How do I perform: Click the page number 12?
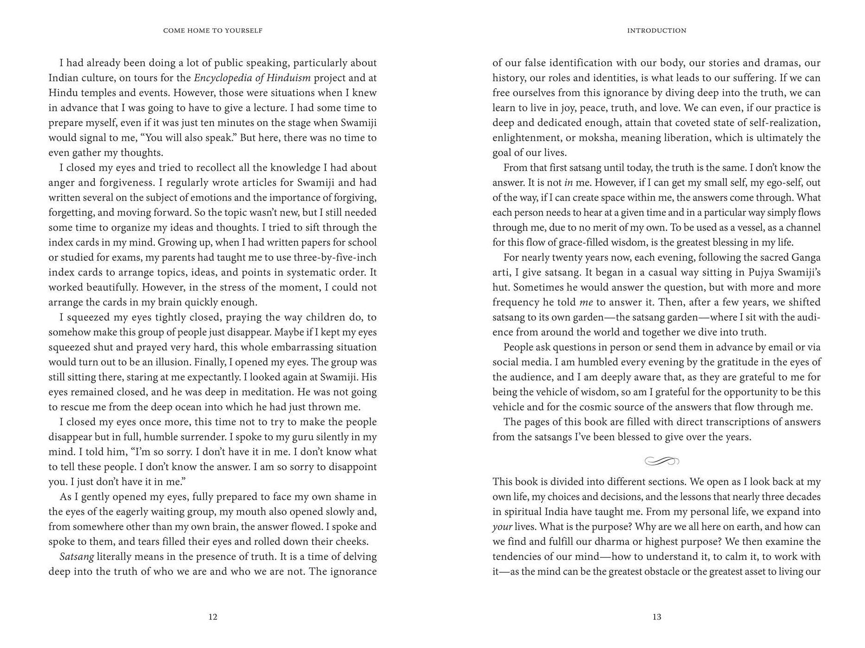point(213,617)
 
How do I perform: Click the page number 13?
point(656,617)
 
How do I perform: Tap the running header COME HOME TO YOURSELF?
point(213,31)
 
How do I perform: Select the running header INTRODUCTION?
point(656,31)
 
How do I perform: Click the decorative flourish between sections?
point(662,461)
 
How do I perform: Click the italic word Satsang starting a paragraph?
point(77,557)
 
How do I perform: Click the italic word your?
point(502,527)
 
